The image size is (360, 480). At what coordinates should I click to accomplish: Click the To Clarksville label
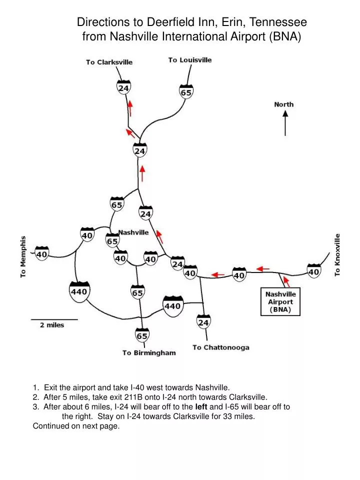(x=109, y=62)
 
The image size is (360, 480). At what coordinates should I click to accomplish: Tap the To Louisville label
(x=189, y=60)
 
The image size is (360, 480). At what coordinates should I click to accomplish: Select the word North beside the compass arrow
(x=284, y=104)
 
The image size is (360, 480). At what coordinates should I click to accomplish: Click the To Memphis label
(x=23, y=256)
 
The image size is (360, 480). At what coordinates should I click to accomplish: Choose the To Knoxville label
(x=337, y=254)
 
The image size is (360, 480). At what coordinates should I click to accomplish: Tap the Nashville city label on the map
(x=133, y=232)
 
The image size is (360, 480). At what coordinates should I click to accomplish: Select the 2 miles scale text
(x=52, y=325)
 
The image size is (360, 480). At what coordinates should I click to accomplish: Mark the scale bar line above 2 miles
(x=54, y=319)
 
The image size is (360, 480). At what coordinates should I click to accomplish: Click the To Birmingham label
(x=149, y=352)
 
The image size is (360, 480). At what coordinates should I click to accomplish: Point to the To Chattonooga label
(x=220, y=347)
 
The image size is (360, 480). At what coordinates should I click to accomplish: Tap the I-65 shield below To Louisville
(x=186, y=91)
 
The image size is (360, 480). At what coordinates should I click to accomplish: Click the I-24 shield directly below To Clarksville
(x=124, y=87)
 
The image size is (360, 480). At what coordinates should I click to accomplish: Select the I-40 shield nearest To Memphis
(x=41, y=254)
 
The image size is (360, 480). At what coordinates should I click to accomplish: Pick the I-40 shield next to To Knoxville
(x=313, y=271)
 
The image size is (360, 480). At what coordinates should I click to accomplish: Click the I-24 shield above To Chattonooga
(x=203, y=322)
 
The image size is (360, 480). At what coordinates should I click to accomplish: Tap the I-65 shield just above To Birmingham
(x=142, y=335)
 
